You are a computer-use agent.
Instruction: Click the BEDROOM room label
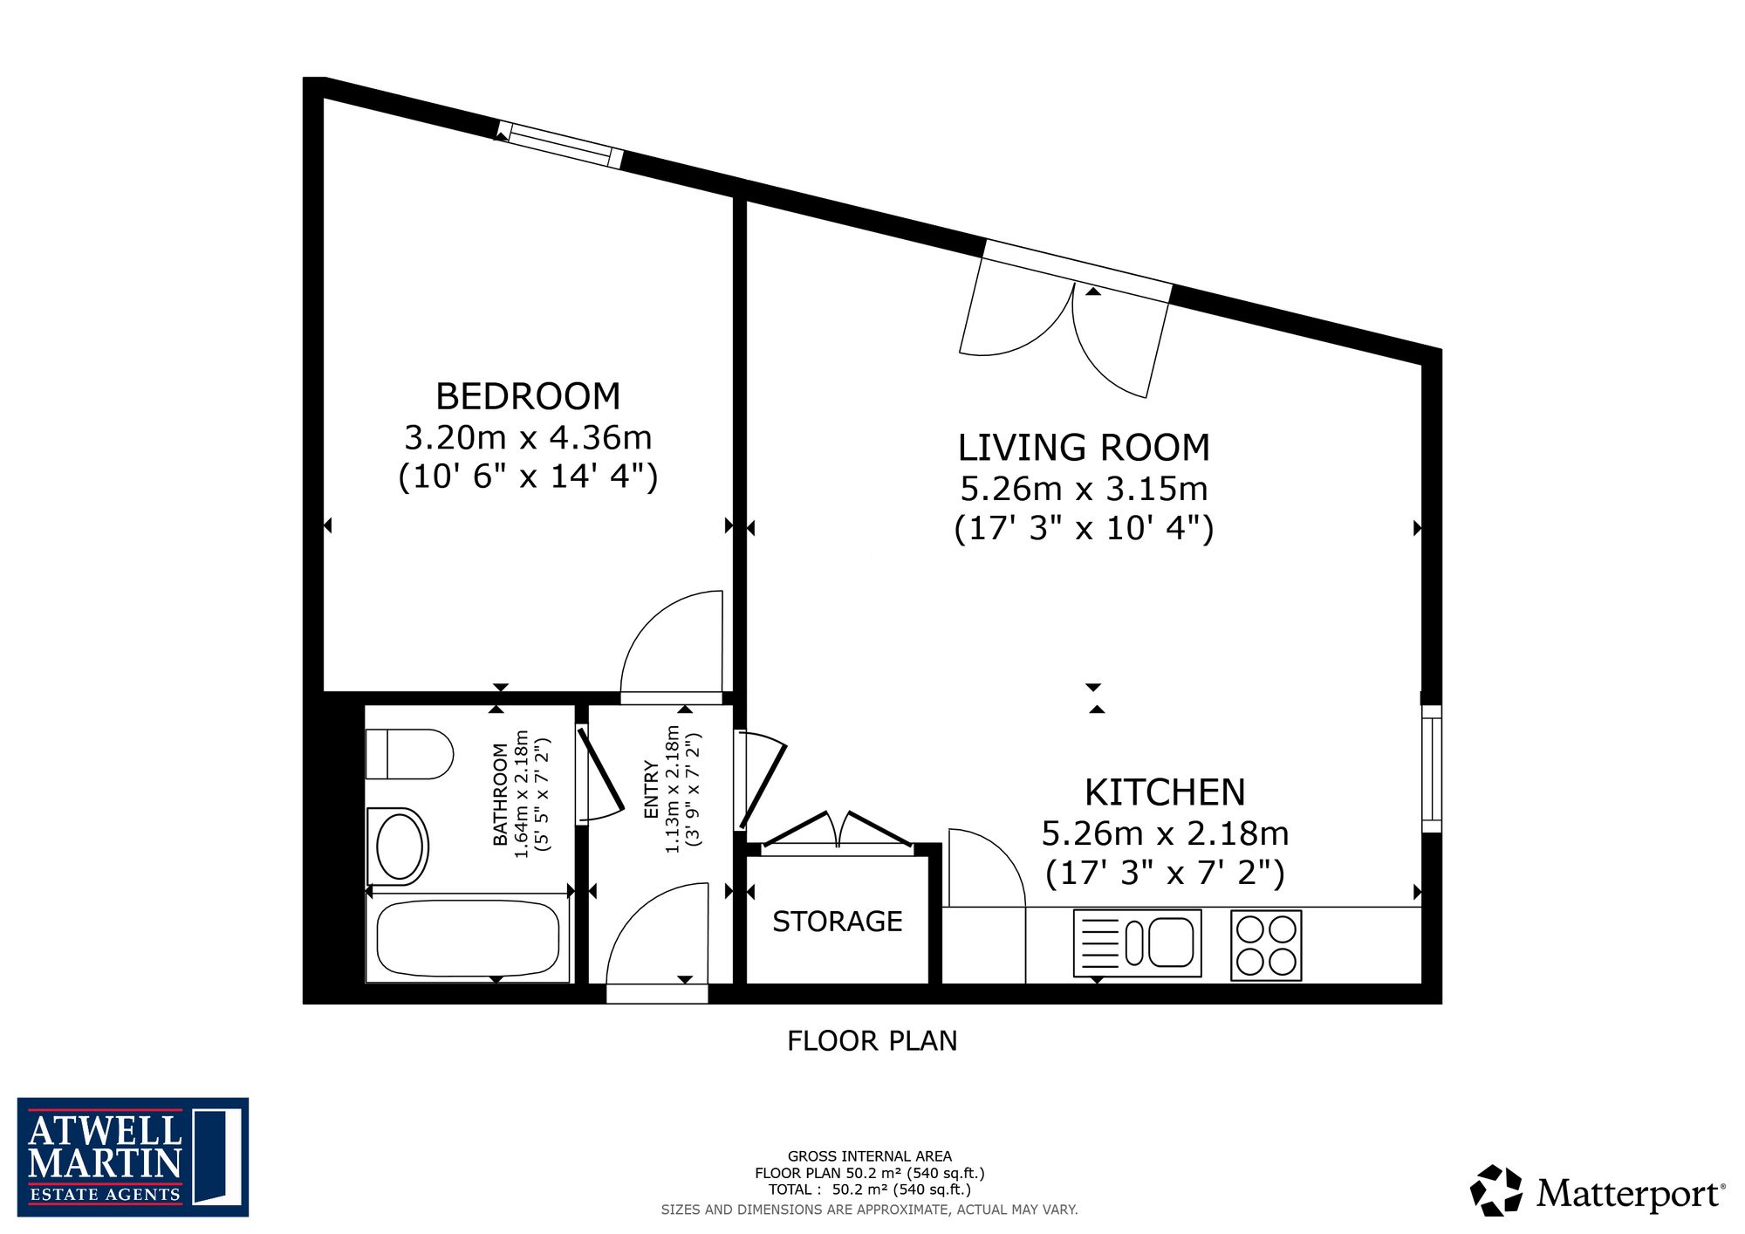(x=528, y=396)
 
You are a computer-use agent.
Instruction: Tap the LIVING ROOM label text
(x=1084, y=448)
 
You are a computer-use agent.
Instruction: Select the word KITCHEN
(x=1165, y=792)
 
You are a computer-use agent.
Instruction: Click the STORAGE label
(x=838, y=922)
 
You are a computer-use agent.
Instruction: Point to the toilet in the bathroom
(x=409, y=754)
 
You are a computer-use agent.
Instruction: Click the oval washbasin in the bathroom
(x=399, y=847)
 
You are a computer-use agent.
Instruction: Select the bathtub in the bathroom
(x=468, y=938)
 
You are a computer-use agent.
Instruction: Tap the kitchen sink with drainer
(x=1138, y=943)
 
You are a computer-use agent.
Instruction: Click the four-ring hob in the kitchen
(x=1266, y=945)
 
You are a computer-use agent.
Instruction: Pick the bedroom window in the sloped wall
(x=559, y=145)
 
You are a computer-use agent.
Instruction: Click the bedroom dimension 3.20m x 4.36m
(x=528, y=437)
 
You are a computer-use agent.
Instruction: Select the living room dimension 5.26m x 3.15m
(x=1084, y=489)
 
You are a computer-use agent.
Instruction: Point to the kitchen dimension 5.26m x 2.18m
(x=1165, y=833)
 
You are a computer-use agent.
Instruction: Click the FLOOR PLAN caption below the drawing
(x=872, y=1040)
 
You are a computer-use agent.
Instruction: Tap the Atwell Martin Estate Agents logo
(x=133, y=1157)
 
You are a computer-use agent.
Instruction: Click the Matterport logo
(x=1598, y=1191)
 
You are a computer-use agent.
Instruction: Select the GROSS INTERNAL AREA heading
(x=870, y=1156)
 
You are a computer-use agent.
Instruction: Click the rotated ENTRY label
(x=651, y=790)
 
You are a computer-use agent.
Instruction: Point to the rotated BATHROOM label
(x=500, y=794)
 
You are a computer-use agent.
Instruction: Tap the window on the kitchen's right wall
(x=1432, y=769)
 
